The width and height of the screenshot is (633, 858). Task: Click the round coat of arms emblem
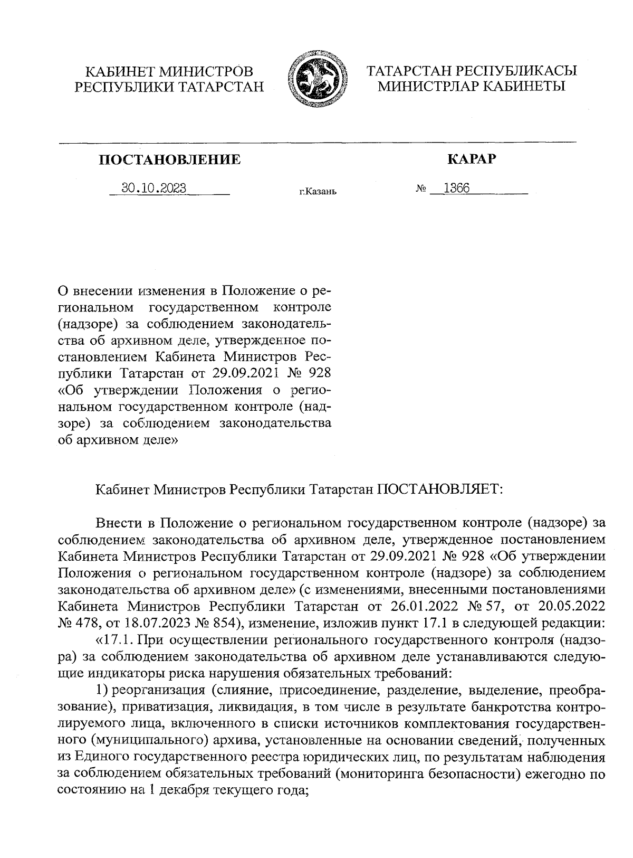pos(315,79)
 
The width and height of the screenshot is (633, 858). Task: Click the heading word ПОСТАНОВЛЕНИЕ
pos(170,159)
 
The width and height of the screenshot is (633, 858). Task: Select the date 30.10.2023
pos(154,188)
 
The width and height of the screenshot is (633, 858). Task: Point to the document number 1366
pos(456,188)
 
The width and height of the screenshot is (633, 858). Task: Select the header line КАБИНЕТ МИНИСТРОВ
pos(169,71)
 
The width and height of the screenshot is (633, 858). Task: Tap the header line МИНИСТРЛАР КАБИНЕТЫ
pos(471,86)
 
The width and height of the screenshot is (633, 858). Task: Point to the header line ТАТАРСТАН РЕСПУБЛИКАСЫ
pos(471,71)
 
